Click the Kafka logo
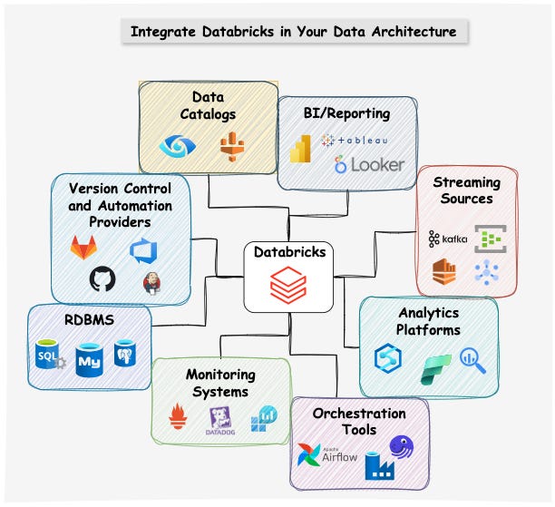[x=446, y=239]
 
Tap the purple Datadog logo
[x=220, y=418]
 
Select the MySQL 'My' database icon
[x=89, y=359]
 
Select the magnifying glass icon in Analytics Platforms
[x=472, y=360]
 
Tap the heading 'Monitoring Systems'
[x=220, y=383]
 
